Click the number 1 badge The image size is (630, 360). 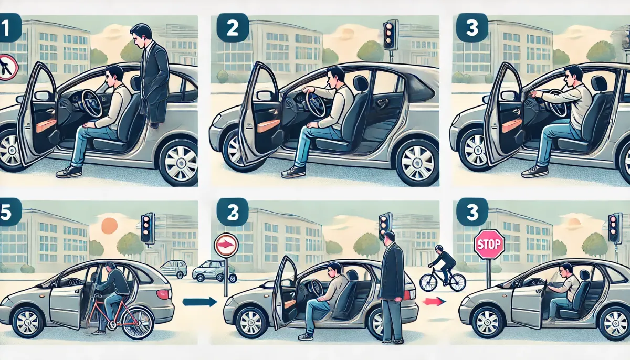pos(10,27)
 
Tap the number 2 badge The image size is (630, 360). pos(233,27)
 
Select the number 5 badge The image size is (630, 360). pos(10,211)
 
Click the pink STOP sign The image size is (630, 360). pos(489,244)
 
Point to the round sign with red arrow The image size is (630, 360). pos(226,245)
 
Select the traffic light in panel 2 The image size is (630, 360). pos(391,35)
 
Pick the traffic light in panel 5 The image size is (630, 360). pos(148,228)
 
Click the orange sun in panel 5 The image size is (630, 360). pos(109,226)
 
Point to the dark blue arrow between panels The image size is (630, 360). pos(199,302)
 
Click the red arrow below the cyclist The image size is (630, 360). pos(434,302)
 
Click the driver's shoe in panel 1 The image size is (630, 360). pos(69,172)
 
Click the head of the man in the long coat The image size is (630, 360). pos(389,238)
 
